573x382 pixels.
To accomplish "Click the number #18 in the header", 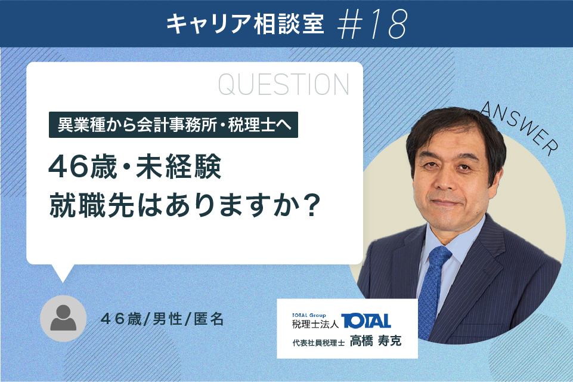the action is click(371, 24).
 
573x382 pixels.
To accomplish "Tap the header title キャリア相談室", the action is click(245, 24).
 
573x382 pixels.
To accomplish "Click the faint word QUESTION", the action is click(284, 85).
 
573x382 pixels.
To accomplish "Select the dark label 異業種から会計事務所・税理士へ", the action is click(174, 125).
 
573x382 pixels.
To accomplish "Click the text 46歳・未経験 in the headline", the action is click(135, 167).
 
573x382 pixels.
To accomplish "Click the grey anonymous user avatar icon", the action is click(63, 318).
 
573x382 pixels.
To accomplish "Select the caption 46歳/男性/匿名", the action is click(162, 319).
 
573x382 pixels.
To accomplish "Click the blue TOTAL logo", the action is click(366, 321).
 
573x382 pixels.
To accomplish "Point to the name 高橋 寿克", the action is click(376, 341).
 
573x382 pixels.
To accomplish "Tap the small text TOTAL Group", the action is click(309, 315).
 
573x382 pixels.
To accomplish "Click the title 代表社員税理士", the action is click(318, 343).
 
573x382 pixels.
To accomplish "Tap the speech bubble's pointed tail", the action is click(63, 273).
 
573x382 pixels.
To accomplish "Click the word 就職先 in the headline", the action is click(92, 206).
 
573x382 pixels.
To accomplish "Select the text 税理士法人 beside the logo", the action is click(315, 324).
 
